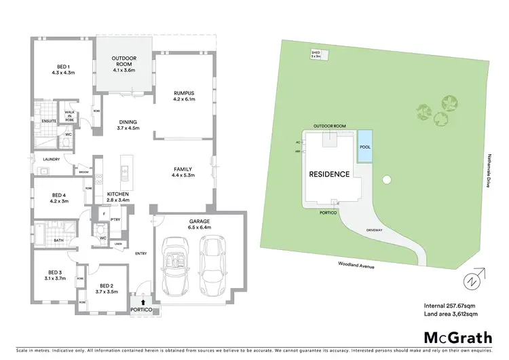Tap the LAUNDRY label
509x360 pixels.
pos(52,160)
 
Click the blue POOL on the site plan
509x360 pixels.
pos(365,147)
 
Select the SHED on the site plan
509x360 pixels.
pos(316,54)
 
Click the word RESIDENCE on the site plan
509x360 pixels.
pos(329,174)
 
